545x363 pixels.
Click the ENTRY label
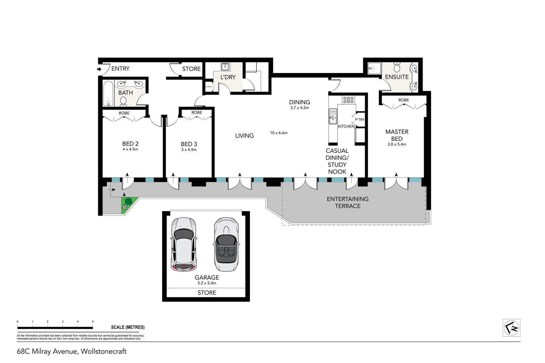pos(120,69)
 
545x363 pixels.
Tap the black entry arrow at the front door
pos(99,69)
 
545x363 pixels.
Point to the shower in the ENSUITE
pos(374,69)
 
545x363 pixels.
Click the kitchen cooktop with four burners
pos(348,99)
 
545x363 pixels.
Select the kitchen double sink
pos(333,116)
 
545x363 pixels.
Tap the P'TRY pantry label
pos(359,120)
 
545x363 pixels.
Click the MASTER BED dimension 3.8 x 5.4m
pos(397,144)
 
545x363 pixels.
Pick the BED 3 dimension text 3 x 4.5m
pos(189,150)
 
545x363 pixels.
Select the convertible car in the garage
pos(226,244)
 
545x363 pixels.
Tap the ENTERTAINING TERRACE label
pos(347,202)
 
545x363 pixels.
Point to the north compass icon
pos(511,328)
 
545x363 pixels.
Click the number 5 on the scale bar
pos(93,322)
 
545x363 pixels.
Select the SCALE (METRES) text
pos(127,327)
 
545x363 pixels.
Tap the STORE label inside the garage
pos(206,293)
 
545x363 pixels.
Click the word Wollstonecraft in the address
pos(104,352)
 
